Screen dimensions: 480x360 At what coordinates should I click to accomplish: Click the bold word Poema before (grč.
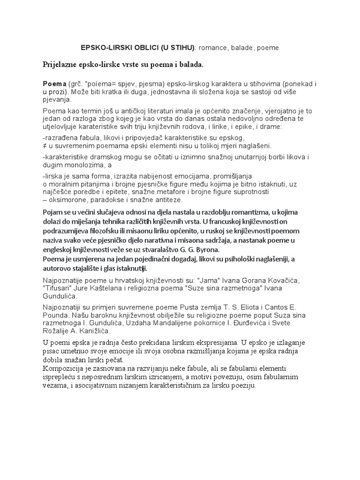click(54, 83)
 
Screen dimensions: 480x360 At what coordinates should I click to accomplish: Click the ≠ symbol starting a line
click(44, 146)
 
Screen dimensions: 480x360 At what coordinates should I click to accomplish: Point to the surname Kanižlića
click(90, 331)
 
